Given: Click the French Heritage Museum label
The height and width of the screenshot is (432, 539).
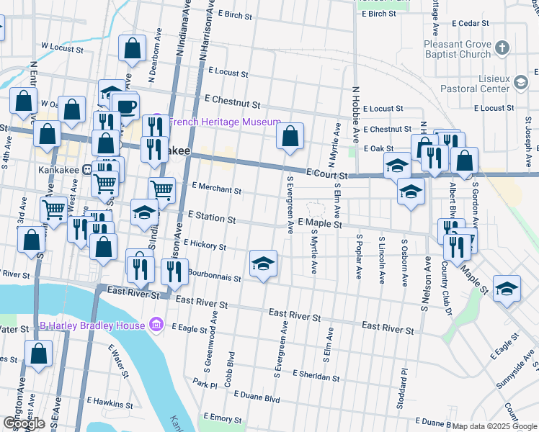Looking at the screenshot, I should pos(225,122).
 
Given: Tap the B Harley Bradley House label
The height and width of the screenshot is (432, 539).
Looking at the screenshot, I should pos(92,325).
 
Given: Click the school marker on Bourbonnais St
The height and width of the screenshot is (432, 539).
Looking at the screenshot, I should pos(264,264).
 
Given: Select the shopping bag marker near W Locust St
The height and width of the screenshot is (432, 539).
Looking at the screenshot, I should pos(133,49).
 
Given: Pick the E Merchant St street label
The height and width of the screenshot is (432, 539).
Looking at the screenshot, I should pos(217,190).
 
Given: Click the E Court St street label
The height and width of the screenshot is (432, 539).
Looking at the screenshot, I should pos(326,174).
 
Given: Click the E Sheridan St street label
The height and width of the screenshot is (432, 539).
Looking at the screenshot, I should pos(315,377).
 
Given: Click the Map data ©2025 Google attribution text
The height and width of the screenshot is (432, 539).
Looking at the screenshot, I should pos(494,426).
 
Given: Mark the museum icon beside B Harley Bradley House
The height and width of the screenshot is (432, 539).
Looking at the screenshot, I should pos(155,325).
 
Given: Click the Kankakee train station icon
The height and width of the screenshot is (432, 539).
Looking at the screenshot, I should pos(86,171).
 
